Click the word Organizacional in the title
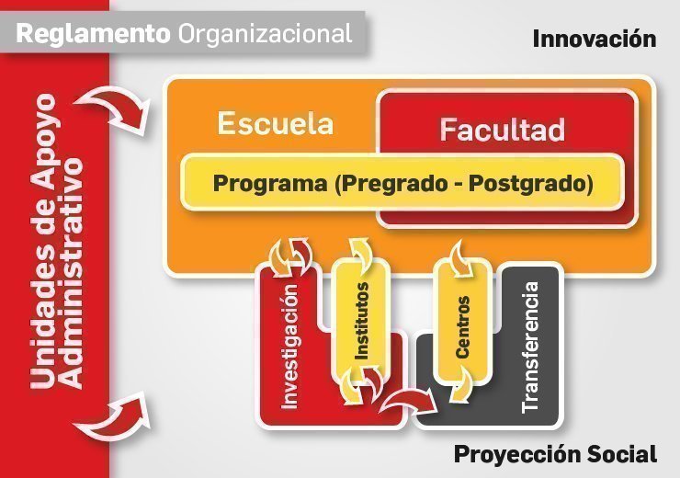(266, 34)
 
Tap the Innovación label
(594, 39)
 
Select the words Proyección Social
(555, 454)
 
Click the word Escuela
(275, 124)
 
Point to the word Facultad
(502, 130)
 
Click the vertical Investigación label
(290, 346)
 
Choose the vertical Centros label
(462, 326)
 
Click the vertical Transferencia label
(530, 346)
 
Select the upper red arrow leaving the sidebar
(124, 108)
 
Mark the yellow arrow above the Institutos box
(361, 253)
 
